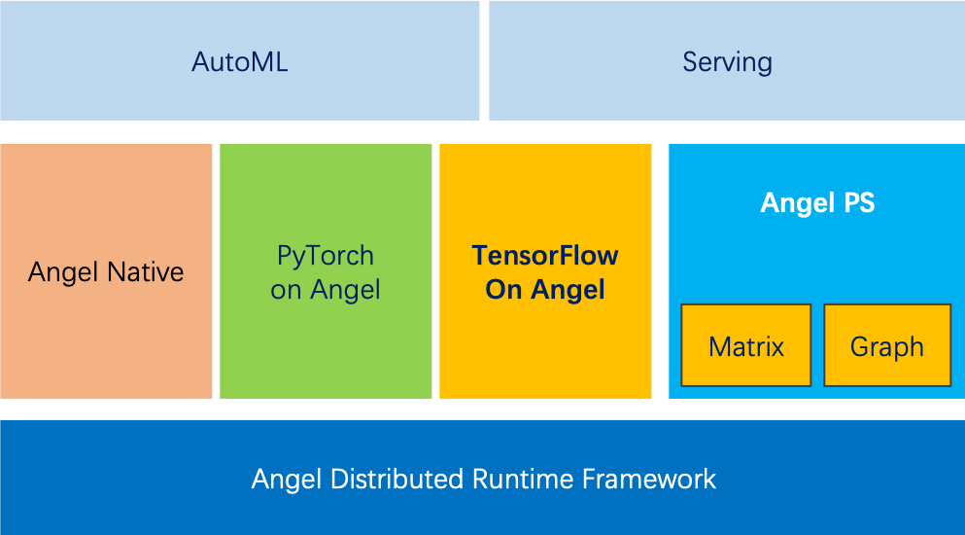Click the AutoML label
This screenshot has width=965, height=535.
coord(240,62)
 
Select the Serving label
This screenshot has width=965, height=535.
coord(727,62)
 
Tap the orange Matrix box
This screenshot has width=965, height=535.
coord(746,345)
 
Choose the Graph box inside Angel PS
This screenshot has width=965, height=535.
coord(887,345)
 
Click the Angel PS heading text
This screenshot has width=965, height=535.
coord(817,202)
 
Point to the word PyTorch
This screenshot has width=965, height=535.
coord(326,256)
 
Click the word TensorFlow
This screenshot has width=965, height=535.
coord(545,256)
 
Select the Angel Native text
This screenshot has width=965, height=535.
coord(106,271)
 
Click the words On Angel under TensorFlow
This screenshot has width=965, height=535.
coord(545,290)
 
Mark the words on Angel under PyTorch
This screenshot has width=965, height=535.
coord(326,290)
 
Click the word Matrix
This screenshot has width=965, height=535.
coord(746,346)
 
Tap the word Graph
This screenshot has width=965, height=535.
coord(887,346)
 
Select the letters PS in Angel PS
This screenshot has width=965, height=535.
coord(858,202)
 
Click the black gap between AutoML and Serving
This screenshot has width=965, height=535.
coord(484,60)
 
